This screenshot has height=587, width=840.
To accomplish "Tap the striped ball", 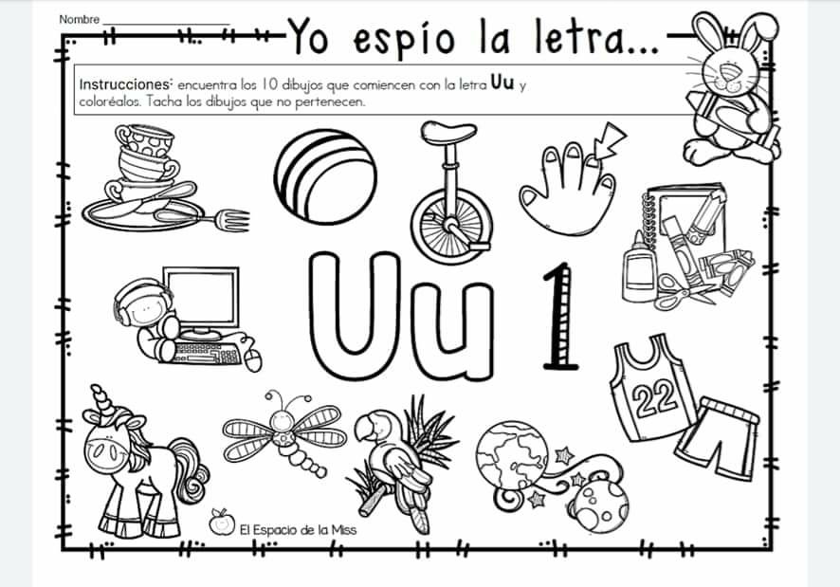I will click(325, 176).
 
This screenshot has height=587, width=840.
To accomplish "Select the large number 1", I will click(559, 317).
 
